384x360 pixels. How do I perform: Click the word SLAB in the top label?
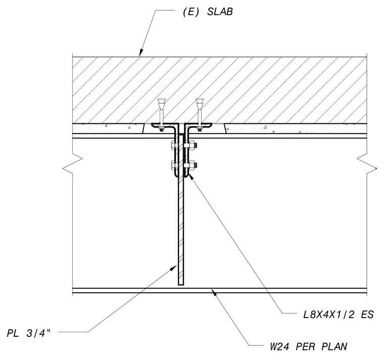click(x=220, y=12)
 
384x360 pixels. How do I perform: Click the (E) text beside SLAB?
click(x=191, y=12)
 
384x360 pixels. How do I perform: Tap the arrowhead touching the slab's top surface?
click(x=141, y=53)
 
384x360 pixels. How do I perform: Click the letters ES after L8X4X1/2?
click(x=368, y=314)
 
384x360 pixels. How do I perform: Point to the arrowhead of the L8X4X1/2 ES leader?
click(x=191, y=176)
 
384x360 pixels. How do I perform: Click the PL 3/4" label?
click(x=29, y=333)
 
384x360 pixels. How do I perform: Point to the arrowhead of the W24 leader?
click(x=214, y=292)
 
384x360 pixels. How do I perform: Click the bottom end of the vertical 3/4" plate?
click(x=181, y=285)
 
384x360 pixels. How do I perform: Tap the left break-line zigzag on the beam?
click(x=73, y=164)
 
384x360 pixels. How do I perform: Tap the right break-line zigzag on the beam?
click(x=367, y=164)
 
